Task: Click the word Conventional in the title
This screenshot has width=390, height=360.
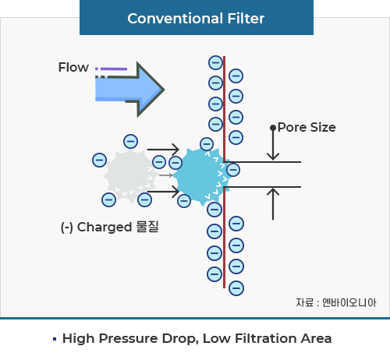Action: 175,19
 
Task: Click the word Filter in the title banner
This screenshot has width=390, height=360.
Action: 246,19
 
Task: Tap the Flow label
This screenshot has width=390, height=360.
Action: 73,67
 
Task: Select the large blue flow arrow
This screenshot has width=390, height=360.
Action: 129,90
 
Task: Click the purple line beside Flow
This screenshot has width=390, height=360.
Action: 114,69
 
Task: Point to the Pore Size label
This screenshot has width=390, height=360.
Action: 307,127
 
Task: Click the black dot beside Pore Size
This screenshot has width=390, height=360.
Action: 273,128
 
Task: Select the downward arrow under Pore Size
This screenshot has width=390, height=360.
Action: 273,144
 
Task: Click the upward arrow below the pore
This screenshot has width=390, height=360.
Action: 273,204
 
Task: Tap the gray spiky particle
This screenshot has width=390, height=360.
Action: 130,175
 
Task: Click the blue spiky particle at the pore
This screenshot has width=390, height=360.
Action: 200,177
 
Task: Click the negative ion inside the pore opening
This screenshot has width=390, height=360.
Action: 233,170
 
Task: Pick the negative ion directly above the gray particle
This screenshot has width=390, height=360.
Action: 130,141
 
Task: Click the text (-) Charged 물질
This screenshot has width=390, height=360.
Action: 109,227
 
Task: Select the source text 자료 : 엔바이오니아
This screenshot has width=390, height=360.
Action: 336,302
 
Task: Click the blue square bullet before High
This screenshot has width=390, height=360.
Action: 55,339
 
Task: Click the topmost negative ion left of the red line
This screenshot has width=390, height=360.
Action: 215,62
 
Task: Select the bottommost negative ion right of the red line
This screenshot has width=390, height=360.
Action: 236,288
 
